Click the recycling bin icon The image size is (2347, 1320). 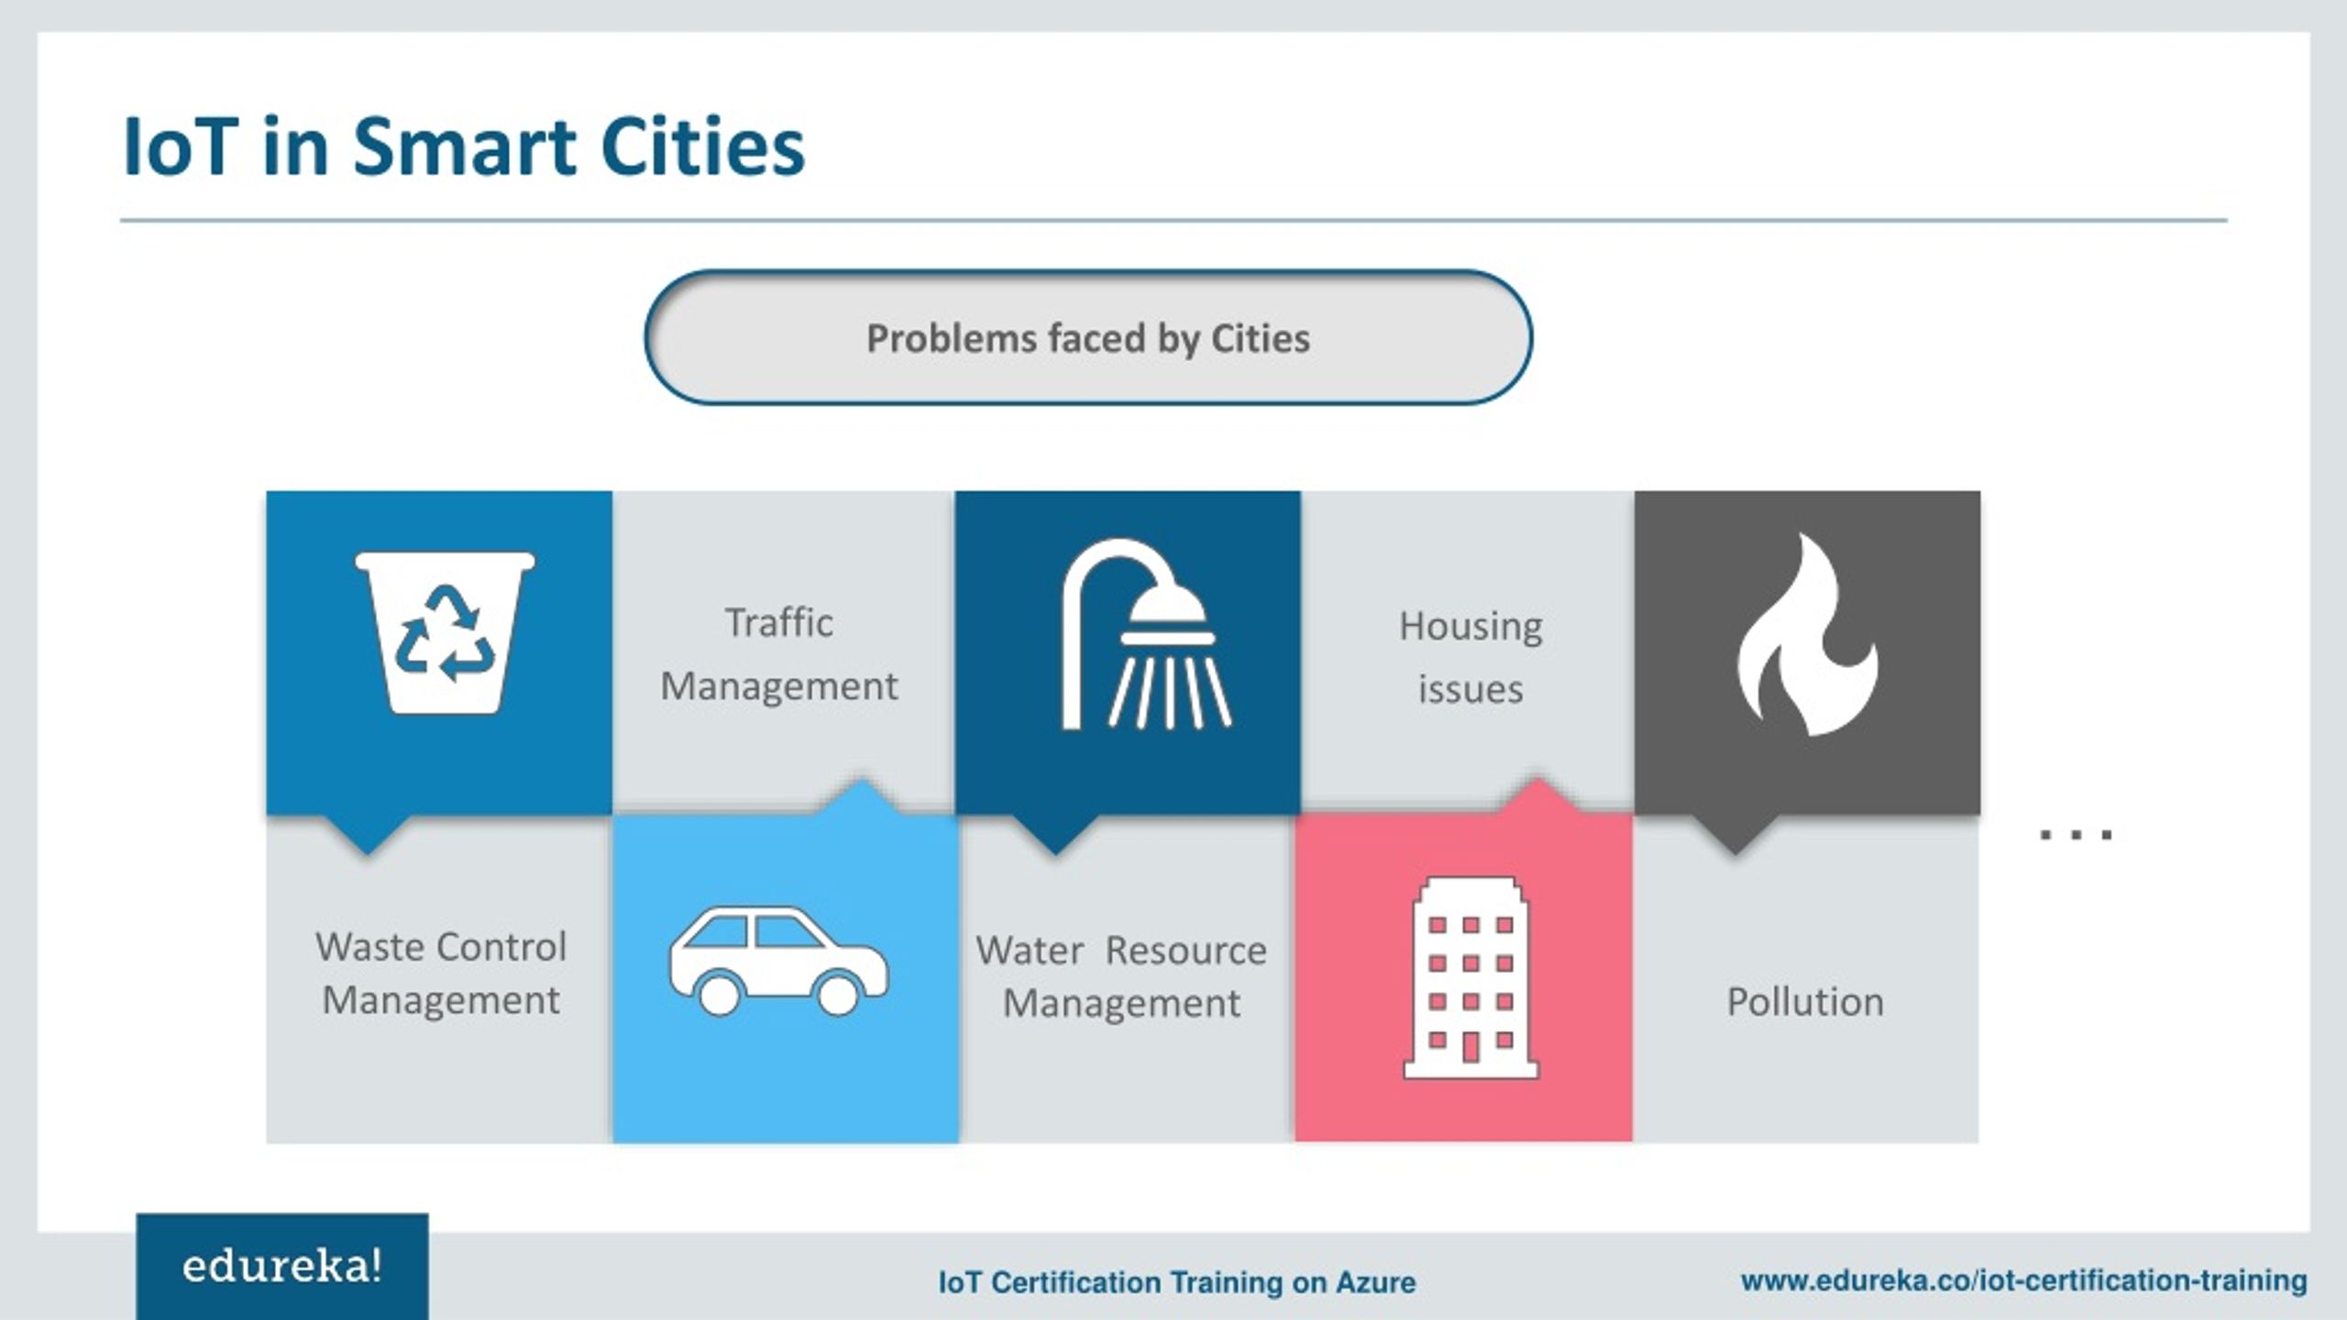tap(445, 632)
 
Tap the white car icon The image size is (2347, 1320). tap(778, 961)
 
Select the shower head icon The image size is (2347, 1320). tap(1146, 634)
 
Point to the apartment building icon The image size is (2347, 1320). tap(1471, 977)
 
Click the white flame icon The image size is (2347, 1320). tap(1807, 634)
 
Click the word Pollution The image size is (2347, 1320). tap(1805, 1001)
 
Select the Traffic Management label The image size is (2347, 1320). tap(779, 654)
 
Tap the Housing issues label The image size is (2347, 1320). tap(1471, 657)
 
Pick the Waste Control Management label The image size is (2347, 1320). tap(441, 973)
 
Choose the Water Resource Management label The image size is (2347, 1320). tap(1121, 976)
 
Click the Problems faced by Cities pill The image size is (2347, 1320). tap(1088, 337)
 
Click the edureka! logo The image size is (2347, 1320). tap(282, 1267)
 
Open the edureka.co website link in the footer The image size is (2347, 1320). tap(2024, 1280)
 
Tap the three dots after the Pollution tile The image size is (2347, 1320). tap(2076, 834)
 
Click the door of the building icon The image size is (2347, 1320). tap(1471, 1046)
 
